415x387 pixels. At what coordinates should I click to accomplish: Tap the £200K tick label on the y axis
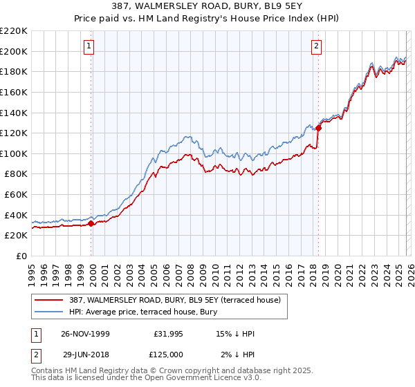14,51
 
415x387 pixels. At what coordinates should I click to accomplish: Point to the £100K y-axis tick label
14,153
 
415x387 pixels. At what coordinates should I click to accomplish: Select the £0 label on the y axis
21,256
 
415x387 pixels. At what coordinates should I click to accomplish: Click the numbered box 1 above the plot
90,47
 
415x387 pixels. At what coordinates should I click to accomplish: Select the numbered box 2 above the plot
316,47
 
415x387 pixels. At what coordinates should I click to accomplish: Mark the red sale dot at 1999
91,223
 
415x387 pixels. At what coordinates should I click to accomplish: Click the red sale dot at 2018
318,128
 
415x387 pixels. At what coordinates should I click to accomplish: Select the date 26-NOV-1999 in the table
86,334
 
